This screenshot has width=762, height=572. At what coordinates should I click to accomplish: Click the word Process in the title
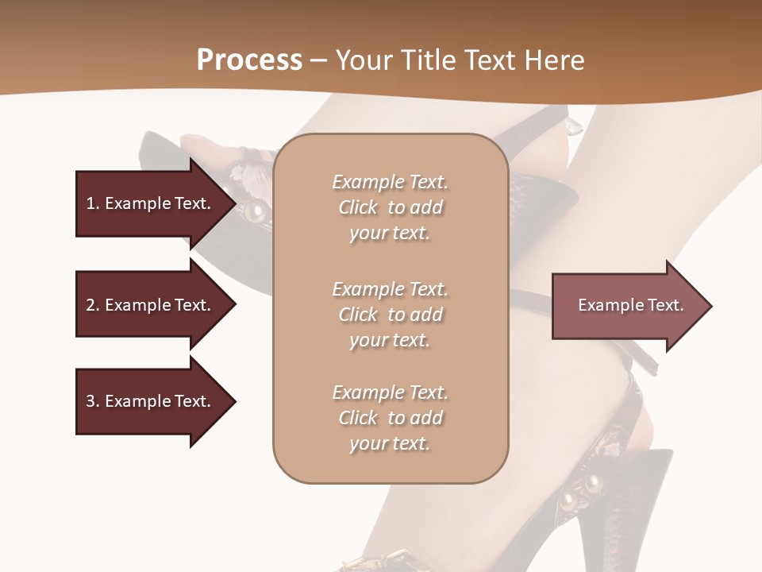(249, 60)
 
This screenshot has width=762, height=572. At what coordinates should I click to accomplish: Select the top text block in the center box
(391, 207)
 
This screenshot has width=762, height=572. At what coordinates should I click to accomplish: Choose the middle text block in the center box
(391, 315)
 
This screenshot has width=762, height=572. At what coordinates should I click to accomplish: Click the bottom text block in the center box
(391, 418)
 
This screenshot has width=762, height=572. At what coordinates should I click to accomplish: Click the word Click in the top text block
(358, 207)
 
